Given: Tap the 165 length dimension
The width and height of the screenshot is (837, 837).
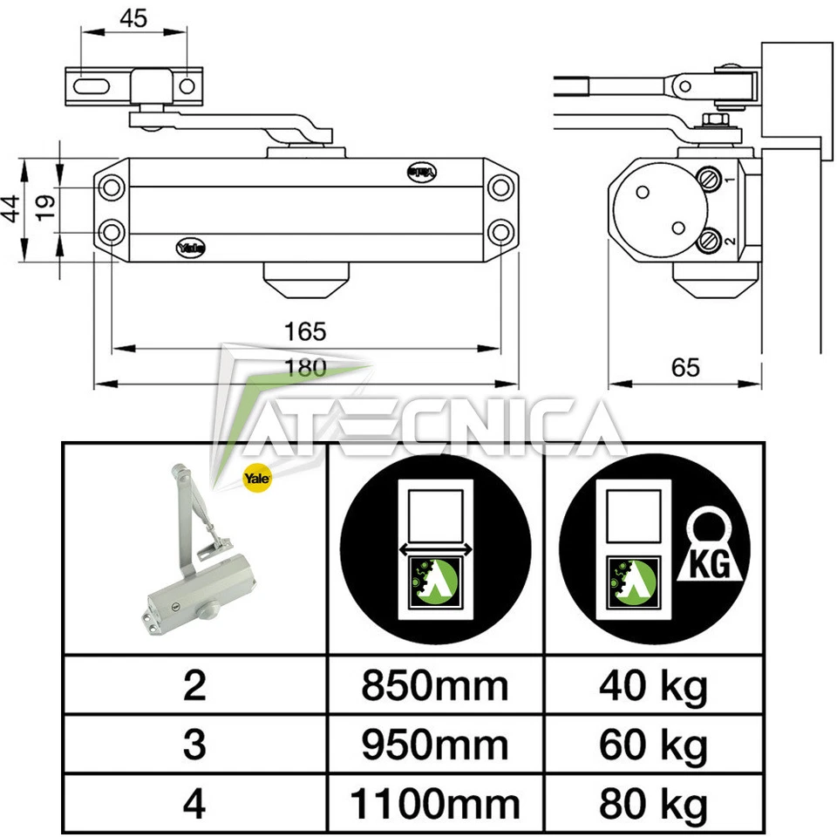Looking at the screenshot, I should tap(304, 332).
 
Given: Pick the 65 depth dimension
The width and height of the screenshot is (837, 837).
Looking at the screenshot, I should tap(685, 367).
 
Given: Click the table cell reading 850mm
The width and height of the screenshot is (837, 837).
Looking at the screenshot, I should tap(435, 686).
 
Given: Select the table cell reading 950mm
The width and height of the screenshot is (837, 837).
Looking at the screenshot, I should tap(435, 745).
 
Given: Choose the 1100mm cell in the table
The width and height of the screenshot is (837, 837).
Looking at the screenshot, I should tap(435, 804).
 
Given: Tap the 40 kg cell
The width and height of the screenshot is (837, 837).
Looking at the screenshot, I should tap(653, 686).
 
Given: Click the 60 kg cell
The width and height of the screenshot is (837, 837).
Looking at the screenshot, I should tap(653, 745).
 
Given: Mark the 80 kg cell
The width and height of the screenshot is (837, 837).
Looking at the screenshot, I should tap(653, 804).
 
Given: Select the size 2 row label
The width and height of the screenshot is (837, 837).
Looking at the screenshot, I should tap(194, 686).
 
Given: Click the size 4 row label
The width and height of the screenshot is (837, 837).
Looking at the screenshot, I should tap(194, 804).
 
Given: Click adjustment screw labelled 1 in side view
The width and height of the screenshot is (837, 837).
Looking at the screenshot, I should tap(710, 180).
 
